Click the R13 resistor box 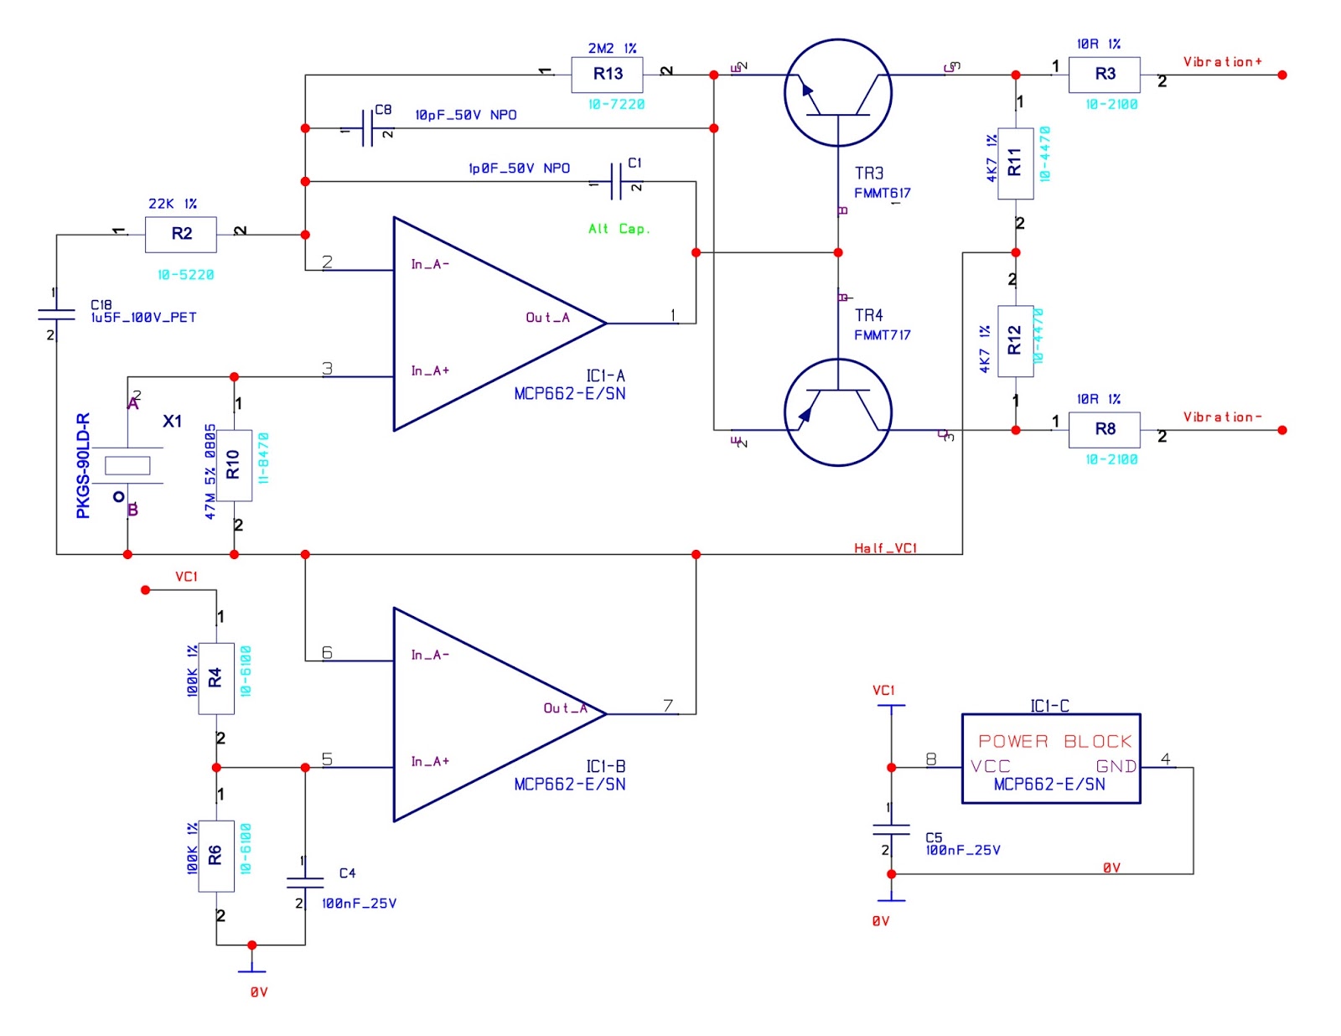click(607, 75)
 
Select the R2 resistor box click(181, 234)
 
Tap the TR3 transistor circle click(837, 92)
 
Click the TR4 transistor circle click(837, 412)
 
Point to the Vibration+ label click(1222, 62)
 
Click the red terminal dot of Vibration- click(1281, 430)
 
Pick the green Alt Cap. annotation click(619, 229)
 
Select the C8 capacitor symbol click(368, 128)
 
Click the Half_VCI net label click(885, 548)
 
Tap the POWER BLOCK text click(1054, 741)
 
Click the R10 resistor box click(234, 465)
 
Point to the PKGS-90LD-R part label click(83, 465)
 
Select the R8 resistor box click(1104, 429)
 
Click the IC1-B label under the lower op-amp click(605, 766)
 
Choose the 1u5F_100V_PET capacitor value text click(143, 318)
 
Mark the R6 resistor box click(216, 855)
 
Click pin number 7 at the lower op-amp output click(668, 706)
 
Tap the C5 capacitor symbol click(891, 830)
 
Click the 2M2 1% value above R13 click(612, 49)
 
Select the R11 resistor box click(1015, 163)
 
